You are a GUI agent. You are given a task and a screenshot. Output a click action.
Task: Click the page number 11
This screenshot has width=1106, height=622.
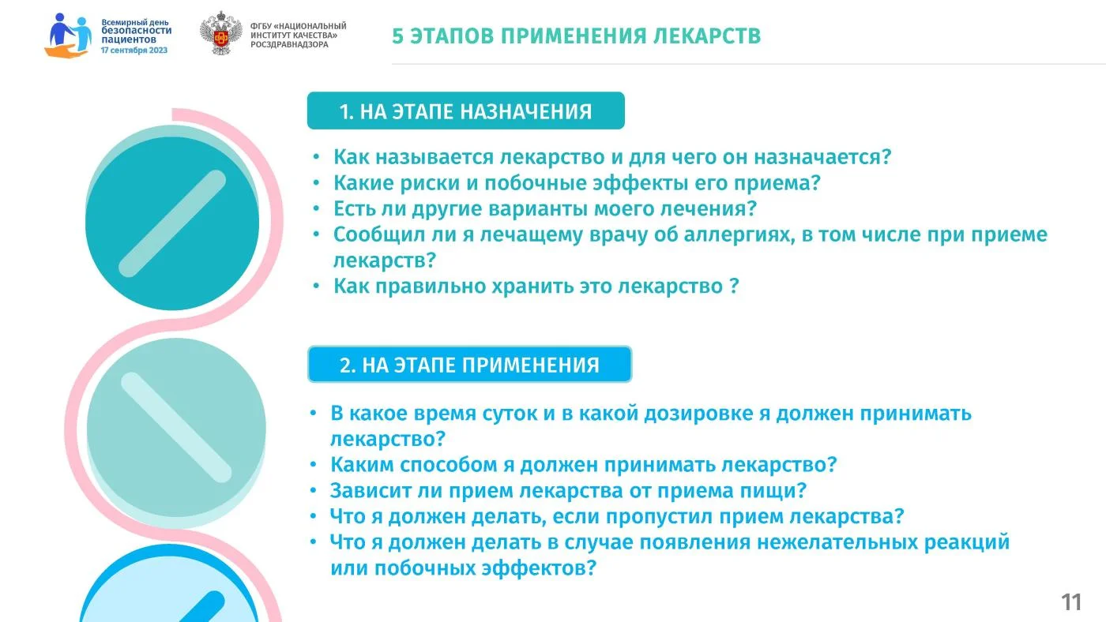1071,602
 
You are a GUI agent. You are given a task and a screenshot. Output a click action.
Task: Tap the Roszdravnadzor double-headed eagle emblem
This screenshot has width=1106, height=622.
220,33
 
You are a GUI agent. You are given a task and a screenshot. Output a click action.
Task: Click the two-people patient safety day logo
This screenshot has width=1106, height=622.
68,36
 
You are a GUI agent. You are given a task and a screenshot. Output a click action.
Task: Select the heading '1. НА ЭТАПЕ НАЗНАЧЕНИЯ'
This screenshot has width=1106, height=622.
465,111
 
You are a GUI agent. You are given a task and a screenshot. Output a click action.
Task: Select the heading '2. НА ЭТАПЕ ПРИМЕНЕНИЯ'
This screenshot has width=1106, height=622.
469,365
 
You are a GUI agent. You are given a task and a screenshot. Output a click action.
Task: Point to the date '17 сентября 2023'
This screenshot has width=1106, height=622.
134,51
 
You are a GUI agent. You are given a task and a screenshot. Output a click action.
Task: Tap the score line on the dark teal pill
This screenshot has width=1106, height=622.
172,223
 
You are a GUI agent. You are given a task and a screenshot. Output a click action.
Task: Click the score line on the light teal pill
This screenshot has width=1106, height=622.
176,427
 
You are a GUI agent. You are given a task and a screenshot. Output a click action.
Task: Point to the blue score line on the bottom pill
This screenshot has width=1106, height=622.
202,607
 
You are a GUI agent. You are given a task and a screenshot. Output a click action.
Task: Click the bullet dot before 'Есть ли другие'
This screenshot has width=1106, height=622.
316,208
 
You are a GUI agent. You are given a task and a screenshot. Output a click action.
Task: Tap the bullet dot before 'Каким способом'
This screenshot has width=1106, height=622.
313,464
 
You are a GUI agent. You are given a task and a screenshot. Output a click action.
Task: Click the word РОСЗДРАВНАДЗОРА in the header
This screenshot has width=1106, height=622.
289,44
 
